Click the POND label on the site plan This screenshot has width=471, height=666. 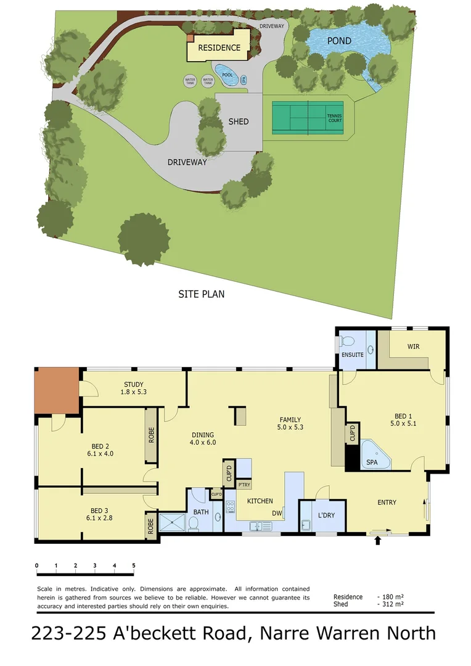339,41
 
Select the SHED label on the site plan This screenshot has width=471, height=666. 239,121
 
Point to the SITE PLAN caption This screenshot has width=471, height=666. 201,294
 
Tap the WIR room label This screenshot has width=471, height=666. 413,347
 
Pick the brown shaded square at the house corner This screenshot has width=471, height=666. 57,390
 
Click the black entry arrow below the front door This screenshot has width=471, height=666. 378,541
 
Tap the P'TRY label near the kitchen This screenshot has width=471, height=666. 244,485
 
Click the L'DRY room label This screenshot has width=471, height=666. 326,515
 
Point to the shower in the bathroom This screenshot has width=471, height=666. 172,523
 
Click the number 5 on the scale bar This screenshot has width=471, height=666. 133,565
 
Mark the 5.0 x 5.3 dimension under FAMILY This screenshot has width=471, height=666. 290,427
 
